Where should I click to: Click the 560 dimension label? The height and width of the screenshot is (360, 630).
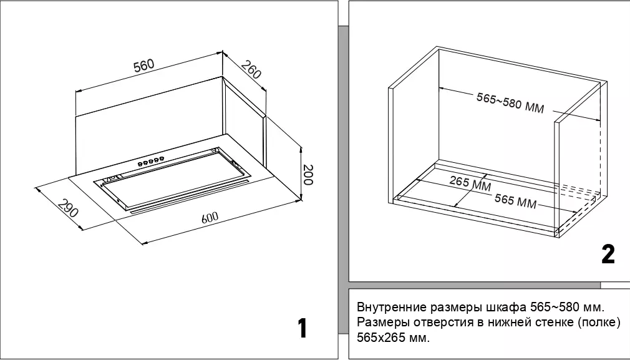point(143,66)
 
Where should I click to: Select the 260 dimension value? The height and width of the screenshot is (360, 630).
point(251,70)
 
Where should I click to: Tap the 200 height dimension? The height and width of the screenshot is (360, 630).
point(308,175)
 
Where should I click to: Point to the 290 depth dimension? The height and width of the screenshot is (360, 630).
point(68,208)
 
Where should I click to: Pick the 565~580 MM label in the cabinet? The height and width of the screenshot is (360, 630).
point(510,103)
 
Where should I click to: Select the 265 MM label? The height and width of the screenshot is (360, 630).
point(470,184)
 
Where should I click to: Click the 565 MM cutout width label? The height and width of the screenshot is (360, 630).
point(516,202)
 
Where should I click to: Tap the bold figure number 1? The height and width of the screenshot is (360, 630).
point(303,328)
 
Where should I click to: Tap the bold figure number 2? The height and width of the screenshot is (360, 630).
point(608,254)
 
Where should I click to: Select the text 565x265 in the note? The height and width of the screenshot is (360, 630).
point(382,338)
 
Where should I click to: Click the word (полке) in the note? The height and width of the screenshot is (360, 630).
point(598,323)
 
